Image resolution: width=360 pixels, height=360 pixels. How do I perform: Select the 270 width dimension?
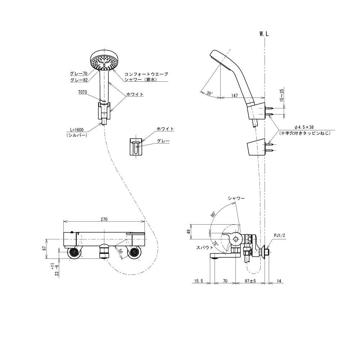point(104,219)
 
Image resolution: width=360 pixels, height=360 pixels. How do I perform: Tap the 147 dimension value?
point(234,95)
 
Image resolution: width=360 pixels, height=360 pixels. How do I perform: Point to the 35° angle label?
point(210,93)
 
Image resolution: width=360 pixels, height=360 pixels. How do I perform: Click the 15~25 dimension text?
point(282,95)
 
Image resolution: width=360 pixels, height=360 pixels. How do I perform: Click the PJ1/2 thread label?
point(279,235)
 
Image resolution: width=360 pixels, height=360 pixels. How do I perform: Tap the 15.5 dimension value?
point(199,281)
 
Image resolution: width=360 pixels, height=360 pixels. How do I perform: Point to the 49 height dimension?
point(188,232)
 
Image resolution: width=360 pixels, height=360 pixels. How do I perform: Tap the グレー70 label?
point(79,73)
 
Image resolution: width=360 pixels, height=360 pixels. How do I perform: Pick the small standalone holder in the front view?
point(136,147)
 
